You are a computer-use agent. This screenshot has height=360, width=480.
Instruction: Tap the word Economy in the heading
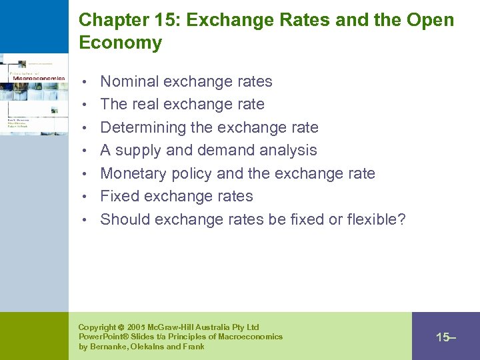[120, 43]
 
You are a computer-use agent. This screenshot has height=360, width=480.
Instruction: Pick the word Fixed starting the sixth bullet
[117, 197]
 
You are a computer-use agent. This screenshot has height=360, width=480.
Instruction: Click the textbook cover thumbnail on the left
[33, 93]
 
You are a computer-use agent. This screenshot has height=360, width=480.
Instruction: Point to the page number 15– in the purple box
[445, 337]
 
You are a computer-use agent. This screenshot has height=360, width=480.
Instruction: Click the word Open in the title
[432, 20]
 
